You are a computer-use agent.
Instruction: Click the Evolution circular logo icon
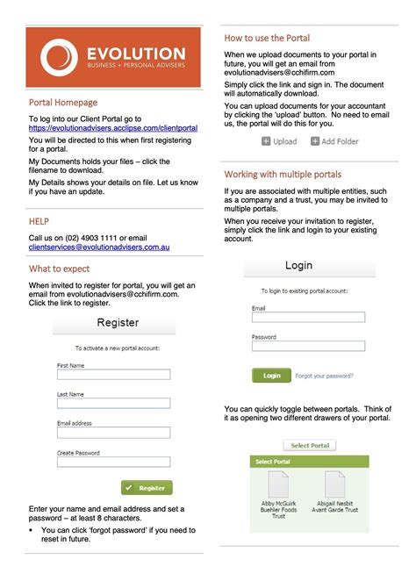57,57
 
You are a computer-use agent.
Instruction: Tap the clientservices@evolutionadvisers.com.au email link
99,248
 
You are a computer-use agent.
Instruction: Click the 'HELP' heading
39,222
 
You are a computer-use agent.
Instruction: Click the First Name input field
113,374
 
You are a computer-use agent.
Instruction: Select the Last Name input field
113,403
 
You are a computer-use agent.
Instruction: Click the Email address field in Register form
113,432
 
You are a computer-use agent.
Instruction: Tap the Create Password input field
113,461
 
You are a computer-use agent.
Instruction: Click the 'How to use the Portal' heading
267,39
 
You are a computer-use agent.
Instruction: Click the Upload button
279,141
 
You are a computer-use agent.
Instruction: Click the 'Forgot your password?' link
325,376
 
